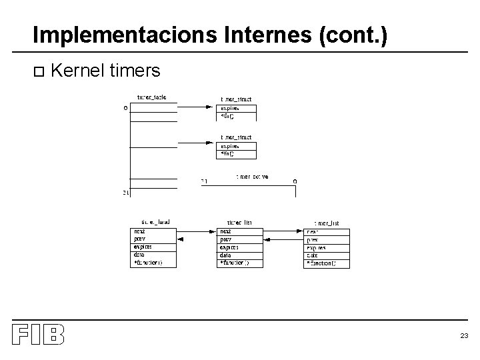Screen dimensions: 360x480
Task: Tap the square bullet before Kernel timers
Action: [x=37, y=71]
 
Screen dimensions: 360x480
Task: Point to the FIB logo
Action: [x=38, y=334]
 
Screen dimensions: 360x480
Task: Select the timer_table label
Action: [x=152, y=97]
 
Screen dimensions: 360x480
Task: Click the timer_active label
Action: [x=252, y=177]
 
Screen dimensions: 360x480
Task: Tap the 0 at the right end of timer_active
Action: [x=295, y=181]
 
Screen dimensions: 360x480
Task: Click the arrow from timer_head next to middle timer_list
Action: [x=197, y=231]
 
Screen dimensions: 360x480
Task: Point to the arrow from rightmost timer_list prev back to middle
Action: [x=284, y=239]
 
